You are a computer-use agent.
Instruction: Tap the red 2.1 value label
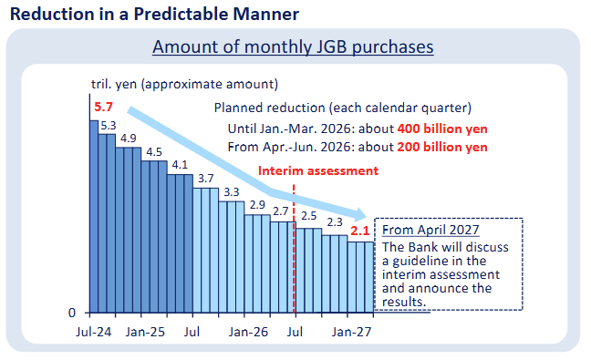[x=361, y=231]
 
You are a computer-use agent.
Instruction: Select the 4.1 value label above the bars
[x=179, y=165]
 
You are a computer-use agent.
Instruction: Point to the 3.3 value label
[x=231, y=191]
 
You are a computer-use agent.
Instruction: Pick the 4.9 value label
[x=128, y=139]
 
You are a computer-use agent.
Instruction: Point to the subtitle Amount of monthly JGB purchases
[x=293, y=47]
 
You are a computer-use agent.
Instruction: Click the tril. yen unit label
[x=183, y=85]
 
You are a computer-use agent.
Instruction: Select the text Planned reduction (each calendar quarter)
[x=337, y=106]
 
